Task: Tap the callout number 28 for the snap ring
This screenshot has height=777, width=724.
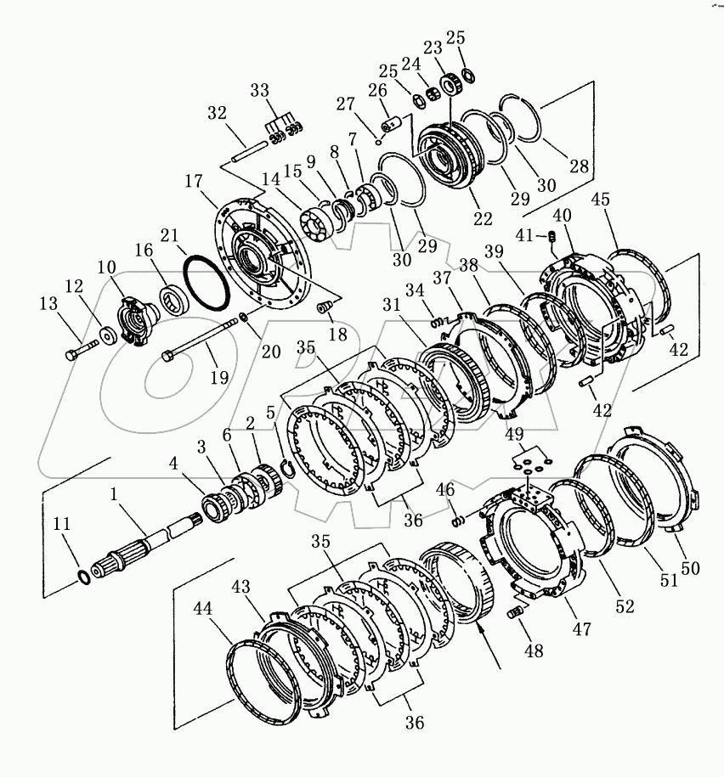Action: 579,166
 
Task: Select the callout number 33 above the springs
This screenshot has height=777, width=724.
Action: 259,90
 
